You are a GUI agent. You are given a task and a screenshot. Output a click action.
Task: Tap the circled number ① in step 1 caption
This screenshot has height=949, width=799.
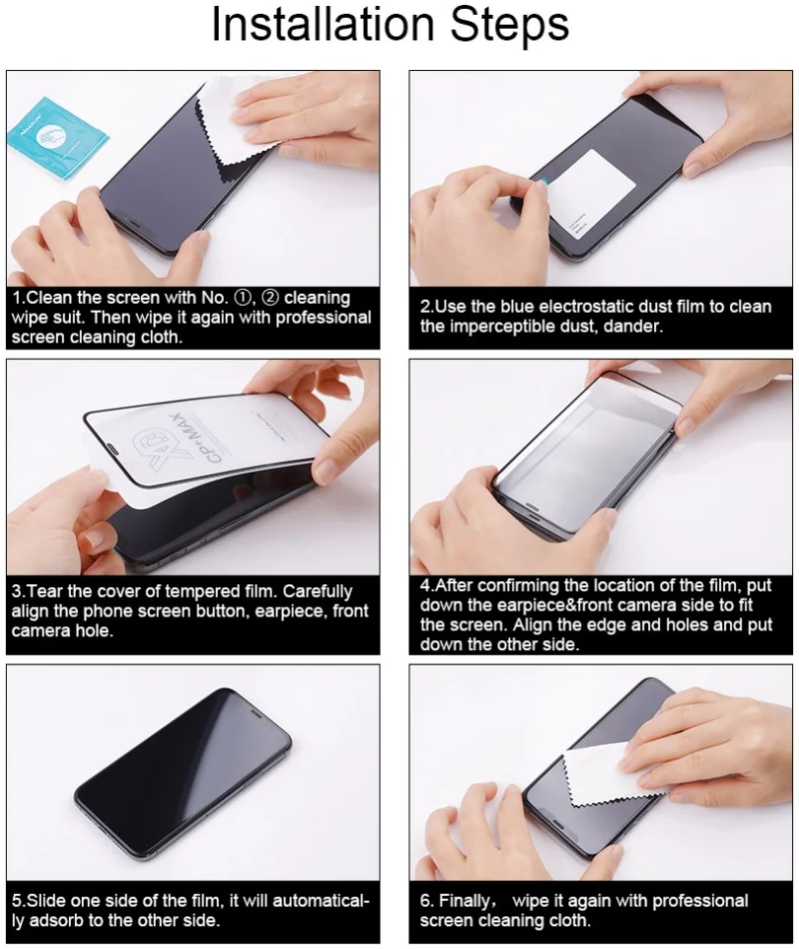[x=241, y=298]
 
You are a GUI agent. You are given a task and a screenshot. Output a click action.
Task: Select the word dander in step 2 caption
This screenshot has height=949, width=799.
[x=635, y=327]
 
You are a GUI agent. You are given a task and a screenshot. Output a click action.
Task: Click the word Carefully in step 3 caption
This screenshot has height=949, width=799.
[x=322, y=592]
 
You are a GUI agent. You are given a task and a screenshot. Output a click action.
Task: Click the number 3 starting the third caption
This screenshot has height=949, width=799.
[x=17, y=592]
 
